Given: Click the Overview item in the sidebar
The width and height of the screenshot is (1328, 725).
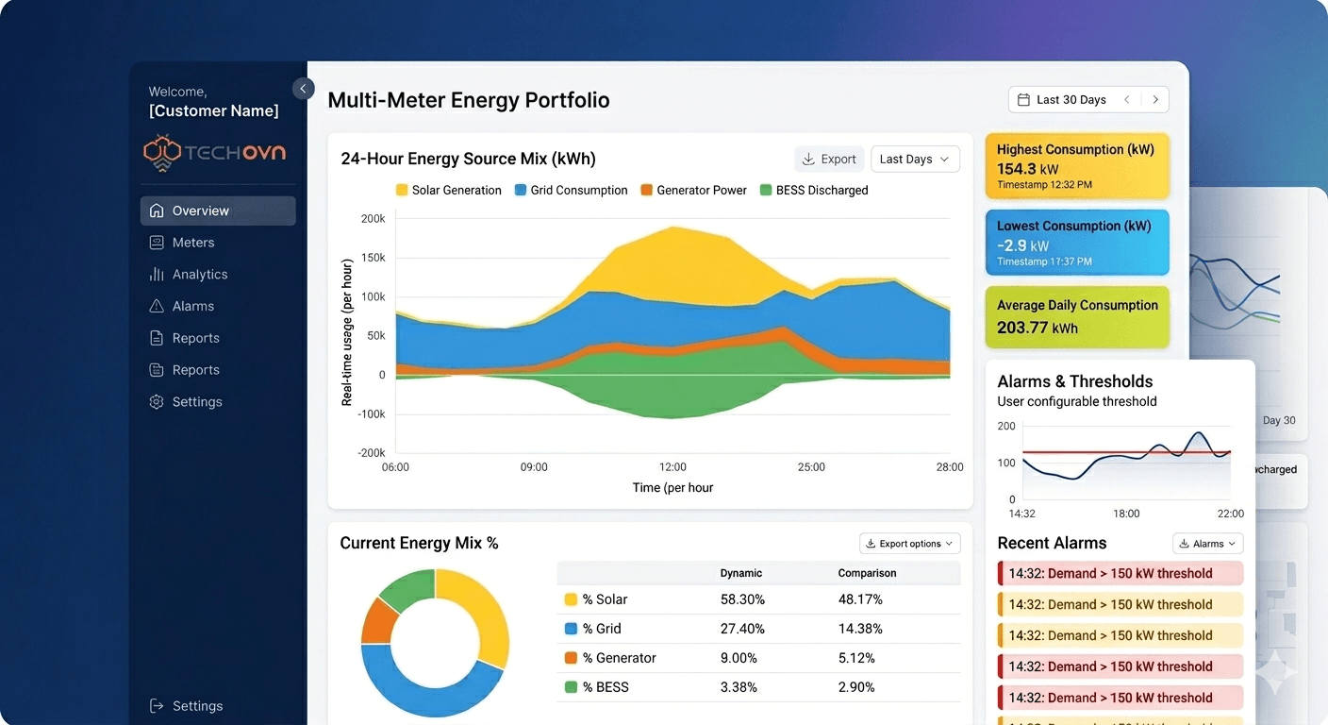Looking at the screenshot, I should (x=217, y=211).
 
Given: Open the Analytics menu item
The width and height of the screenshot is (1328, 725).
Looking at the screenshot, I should (x=199, y=274).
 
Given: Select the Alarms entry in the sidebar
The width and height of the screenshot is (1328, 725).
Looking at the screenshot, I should (x=192, y=306).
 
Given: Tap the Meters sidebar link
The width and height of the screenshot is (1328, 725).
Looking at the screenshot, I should (x=192, y=243).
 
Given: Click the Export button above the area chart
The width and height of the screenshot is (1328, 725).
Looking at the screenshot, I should (x=827, y=159).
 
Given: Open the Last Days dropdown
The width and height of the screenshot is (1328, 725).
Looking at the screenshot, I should (x=915, y=159).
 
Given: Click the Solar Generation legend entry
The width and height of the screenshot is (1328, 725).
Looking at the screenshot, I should (x=448, y=190).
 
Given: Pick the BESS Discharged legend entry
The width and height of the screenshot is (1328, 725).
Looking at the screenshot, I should (x=813, y=190).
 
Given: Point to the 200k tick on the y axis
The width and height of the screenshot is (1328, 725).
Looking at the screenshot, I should (x=373, y=218).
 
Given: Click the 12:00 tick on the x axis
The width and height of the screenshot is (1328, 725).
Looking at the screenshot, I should (x=672, y=466).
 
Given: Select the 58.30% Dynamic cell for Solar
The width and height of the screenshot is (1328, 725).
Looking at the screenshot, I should (x=742, y=599).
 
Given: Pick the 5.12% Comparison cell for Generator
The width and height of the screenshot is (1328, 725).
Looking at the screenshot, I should (x=856, y=658).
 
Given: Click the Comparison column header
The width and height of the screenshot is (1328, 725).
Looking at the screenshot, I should (x=867, y=573).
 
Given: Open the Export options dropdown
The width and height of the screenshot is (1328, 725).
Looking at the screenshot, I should (x=909, y=543).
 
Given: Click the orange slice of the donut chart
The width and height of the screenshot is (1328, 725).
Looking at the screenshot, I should (x=379, y=619).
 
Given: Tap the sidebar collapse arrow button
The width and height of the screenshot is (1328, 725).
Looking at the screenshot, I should (x=303, y=89).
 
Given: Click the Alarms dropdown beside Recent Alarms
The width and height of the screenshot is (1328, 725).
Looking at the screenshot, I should (x=1207, y=543).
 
